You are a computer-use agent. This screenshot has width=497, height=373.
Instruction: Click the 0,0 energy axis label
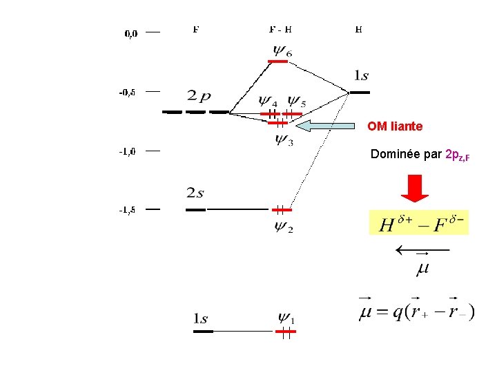pos(130,32)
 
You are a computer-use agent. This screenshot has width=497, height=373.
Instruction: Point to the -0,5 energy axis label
pos(128,91)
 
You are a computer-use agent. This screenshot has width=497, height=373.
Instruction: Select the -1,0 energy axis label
pos(128,151)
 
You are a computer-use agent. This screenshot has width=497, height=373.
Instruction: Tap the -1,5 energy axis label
pos(128,210)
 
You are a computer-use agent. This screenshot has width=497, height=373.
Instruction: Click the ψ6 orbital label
pos(282,50)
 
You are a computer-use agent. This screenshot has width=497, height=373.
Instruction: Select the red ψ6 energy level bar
pos(277,61)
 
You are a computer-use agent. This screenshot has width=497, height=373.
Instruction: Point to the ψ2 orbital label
pos(283,226)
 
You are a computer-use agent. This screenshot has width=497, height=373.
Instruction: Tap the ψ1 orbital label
pos(286,318)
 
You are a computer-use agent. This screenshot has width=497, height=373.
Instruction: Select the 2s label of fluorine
pos(195,193)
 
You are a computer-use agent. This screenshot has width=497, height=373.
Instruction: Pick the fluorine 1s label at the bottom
pos(200,318)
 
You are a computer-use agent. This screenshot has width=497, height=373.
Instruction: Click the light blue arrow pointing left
pos(324,126)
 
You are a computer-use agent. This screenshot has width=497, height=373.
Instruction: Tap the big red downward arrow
pos(416,189)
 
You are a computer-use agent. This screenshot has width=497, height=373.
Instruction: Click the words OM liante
pos(395,126)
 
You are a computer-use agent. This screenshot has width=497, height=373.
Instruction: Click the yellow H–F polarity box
pos(418,222)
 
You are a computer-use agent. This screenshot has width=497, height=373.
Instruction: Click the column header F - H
pos(280,30)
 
